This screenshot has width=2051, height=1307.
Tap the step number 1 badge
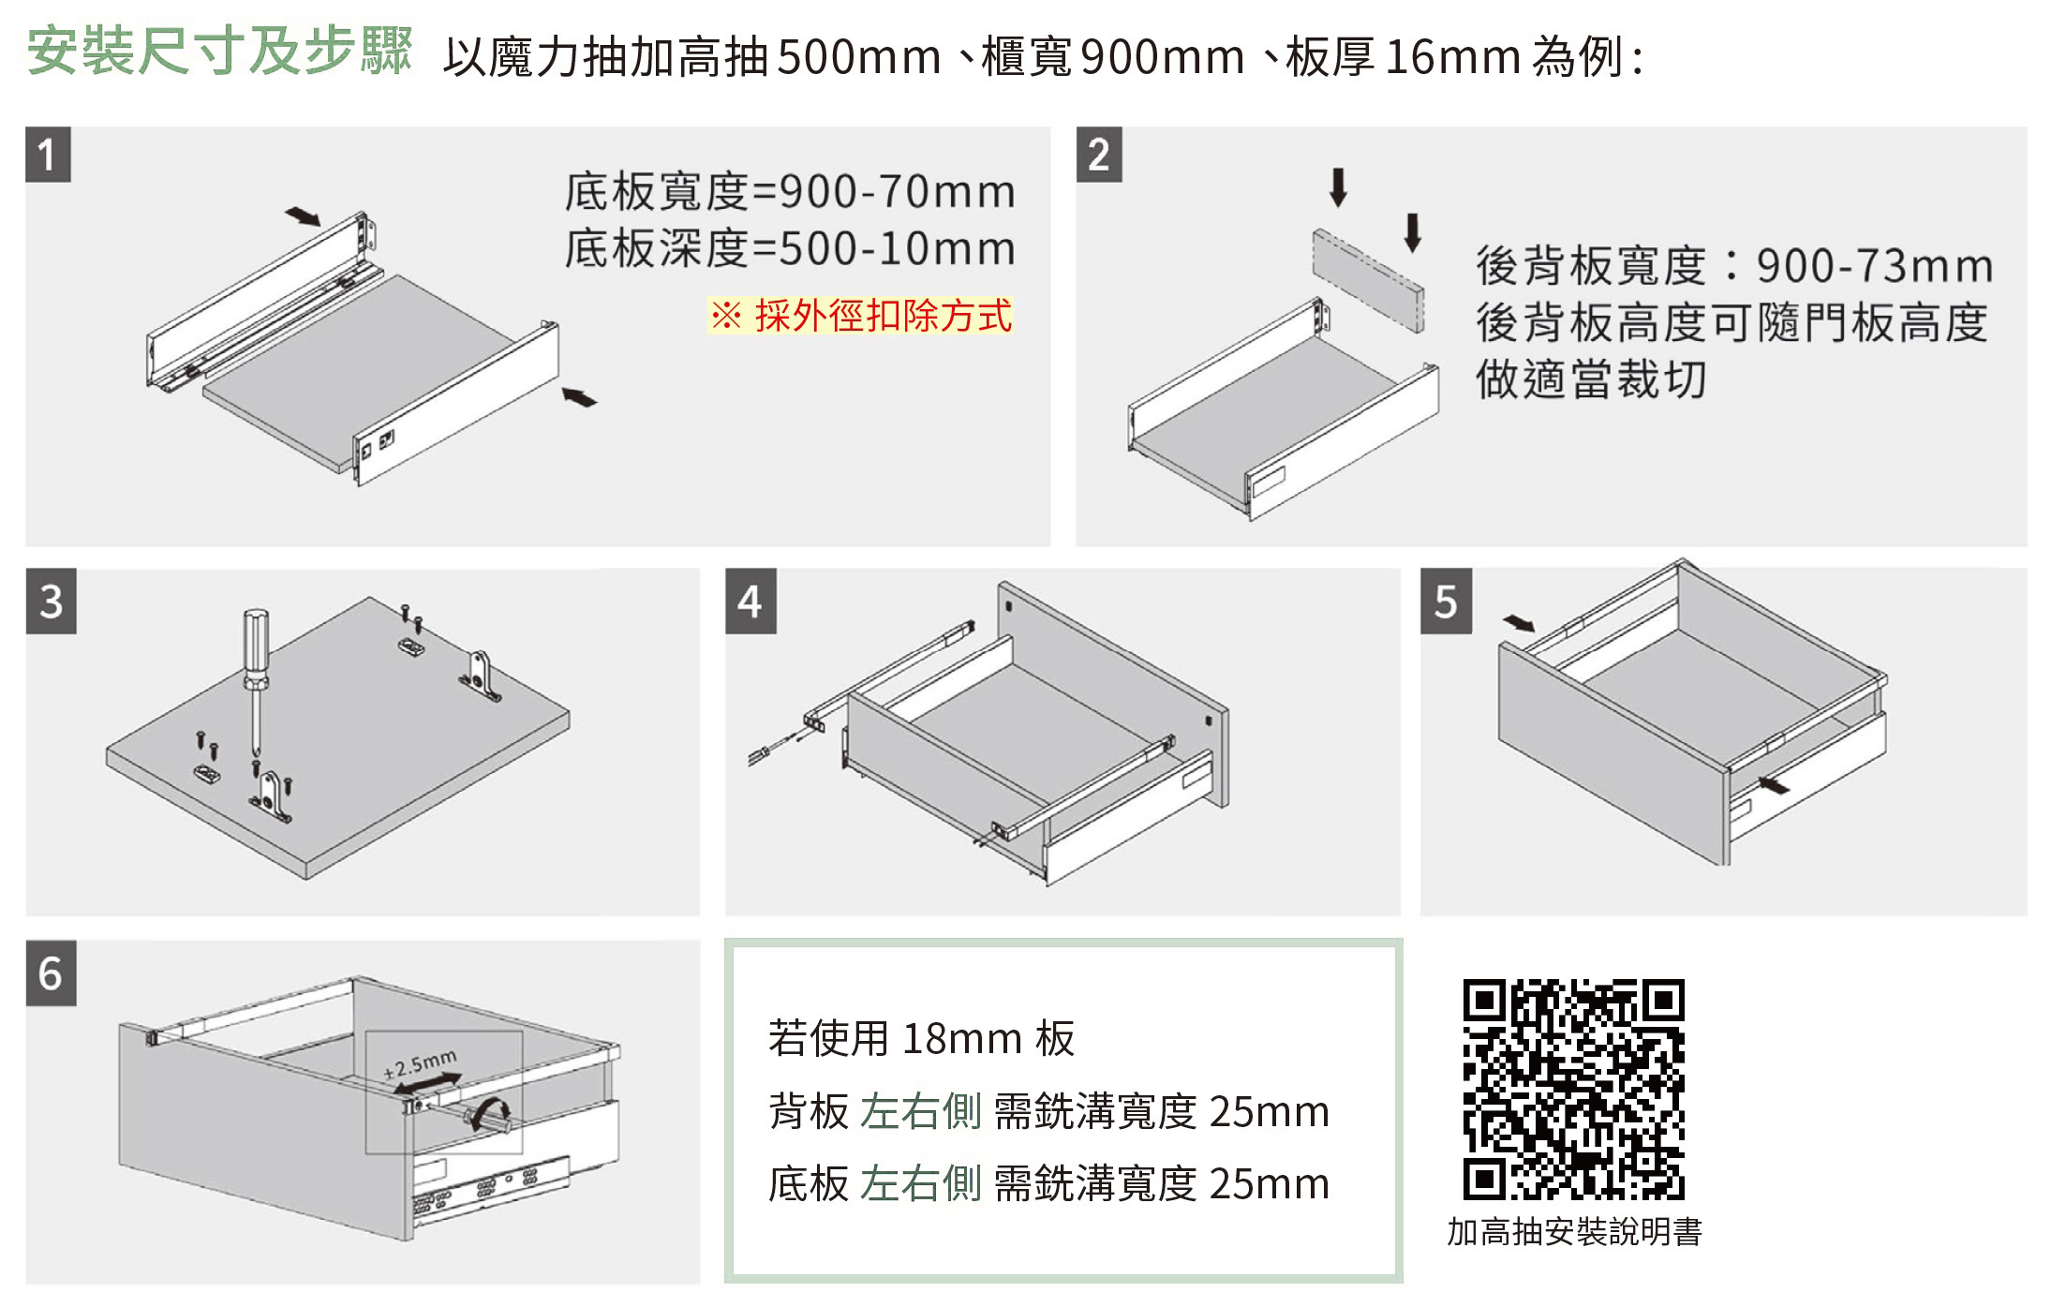48,154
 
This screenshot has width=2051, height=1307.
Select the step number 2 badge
1099,154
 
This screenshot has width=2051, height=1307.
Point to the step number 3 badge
51,601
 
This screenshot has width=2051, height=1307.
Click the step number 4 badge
751,601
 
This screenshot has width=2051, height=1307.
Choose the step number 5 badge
1446,601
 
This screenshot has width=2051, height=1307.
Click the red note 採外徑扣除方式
860,315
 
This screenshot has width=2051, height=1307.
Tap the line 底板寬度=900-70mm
790,191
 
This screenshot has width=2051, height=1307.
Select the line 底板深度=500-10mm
790,248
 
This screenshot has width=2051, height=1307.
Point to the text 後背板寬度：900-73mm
1734,265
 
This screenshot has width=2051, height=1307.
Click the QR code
1573,1090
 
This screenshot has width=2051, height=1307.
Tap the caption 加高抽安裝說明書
1574,1232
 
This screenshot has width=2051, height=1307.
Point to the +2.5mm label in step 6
421,1063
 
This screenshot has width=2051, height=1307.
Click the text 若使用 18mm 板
921,1038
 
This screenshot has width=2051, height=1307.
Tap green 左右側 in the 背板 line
920,1111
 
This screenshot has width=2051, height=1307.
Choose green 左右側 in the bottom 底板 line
920,1183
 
